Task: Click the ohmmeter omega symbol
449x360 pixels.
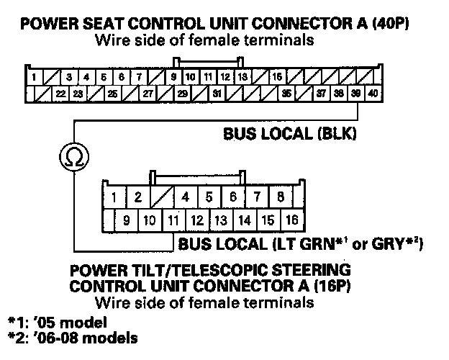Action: tap(69, 155)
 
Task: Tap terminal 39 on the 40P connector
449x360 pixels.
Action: tap(356, 94)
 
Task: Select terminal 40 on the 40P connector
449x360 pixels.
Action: tap(373, 94)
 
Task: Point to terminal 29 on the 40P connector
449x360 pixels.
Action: tap(183, 94)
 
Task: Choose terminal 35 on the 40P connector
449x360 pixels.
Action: tap(286, 94)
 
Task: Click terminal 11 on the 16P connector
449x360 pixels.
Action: tap(173, 220)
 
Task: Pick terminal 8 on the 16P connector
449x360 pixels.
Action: tap(280, 196)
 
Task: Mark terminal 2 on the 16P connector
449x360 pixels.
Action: tap(137, 196)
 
